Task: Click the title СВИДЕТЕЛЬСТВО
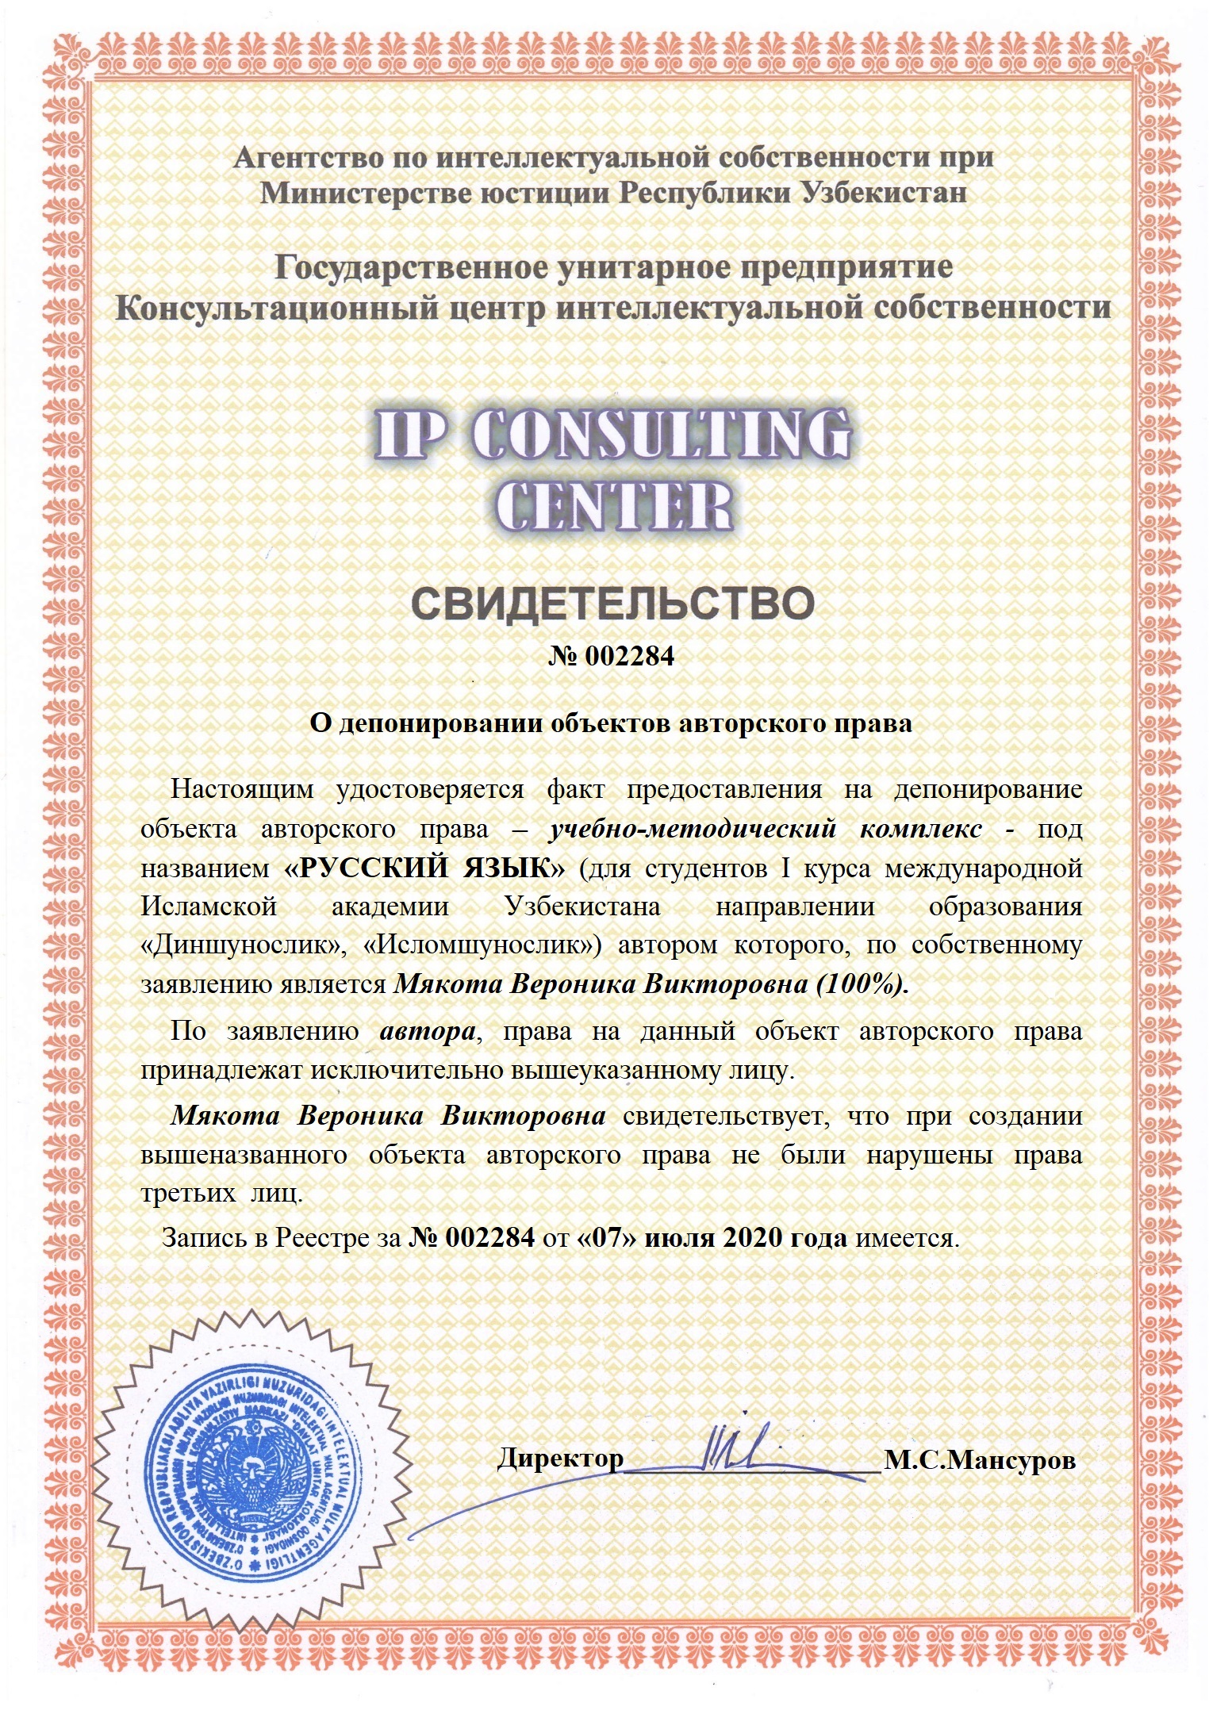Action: pyautogui.click(x=612, y=604)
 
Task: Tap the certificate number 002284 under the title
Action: pyautogui.click(x=629, y=657)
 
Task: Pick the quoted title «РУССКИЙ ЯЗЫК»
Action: pyautogui.click(x=424, y=868)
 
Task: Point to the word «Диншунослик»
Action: pyautogui.click(x=243, y=945)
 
